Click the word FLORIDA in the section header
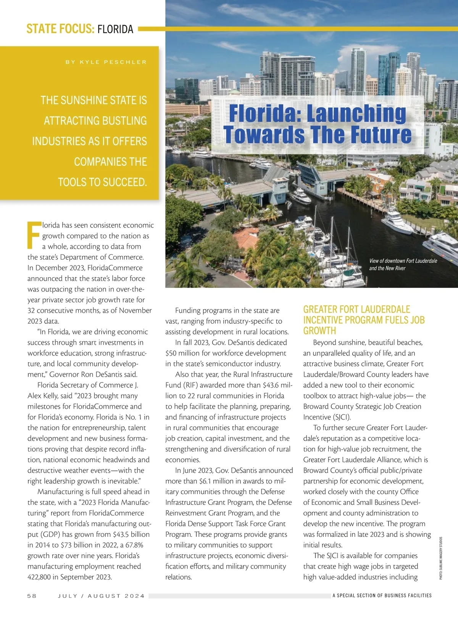115,29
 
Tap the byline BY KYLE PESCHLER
106,62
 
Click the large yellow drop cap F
33,233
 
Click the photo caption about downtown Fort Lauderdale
403,264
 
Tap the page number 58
32,596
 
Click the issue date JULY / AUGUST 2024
101,596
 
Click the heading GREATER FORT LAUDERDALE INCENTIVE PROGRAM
364,320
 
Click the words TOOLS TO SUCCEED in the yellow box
102,182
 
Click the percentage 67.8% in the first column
121,545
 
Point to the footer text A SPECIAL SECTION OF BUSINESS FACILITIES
382,596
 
